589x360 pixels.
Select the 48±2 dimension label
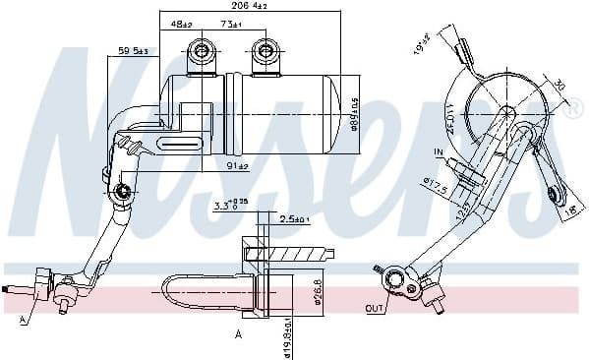[x=181, y=23]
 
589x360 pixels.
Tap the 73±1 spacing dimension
[x=232, y=23]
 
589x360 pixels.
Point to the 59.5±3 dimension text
[x=134, y=50]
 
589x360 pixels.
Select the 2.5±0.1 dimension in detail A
[x=295, y=217]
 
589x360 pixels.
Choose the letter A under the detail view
[x=238, y=335]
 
